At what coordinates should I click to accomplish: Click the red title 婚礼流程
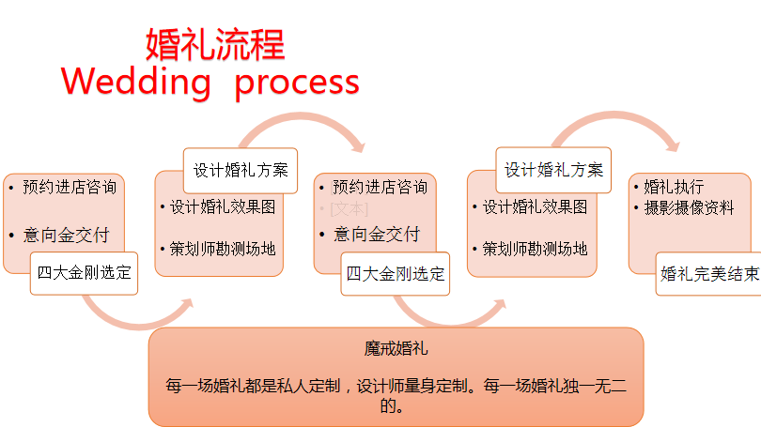pos(215,45)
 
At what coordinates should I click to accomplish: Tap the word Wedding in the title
pos(136,83)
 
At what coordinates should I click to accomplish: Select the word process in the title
pos(297,84)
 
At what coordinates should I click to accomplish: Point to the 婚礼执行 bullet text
pos(674,187)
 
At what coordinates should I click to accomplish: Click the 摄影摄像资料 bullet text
pos(689,208)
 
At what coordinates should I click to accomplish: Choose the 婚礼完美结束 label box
pos(709,274)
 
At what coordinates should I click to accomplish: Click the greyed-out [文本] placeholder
pos(349,209)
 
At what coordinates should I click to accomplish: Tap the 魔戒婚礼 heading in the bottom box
pos(396,348)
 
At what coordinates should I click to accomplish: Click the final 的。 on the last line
pos(392,406)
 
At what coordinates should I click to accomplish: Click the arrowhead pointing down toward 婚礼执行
pos(673,145)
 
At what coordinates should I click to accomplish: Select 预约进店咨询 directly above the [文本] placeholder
pos(380,187)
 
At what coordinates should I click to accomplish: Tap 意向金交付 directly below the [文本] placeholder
pos(377,235)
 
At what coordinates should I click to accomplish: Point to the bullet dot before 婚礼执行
pos(636,187)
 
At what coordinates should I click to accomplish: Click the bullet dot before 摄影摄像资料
pos(636,208)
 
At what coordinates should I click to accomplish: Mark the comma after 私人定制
pos(347,389)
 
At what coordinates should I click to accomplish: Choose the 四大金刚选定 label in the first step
pos(84,273)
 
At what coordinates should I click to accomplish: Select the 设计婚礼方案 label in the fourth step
pos(553,170)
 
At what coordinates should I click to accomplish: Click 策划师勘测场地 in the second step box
pos(223,249)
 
